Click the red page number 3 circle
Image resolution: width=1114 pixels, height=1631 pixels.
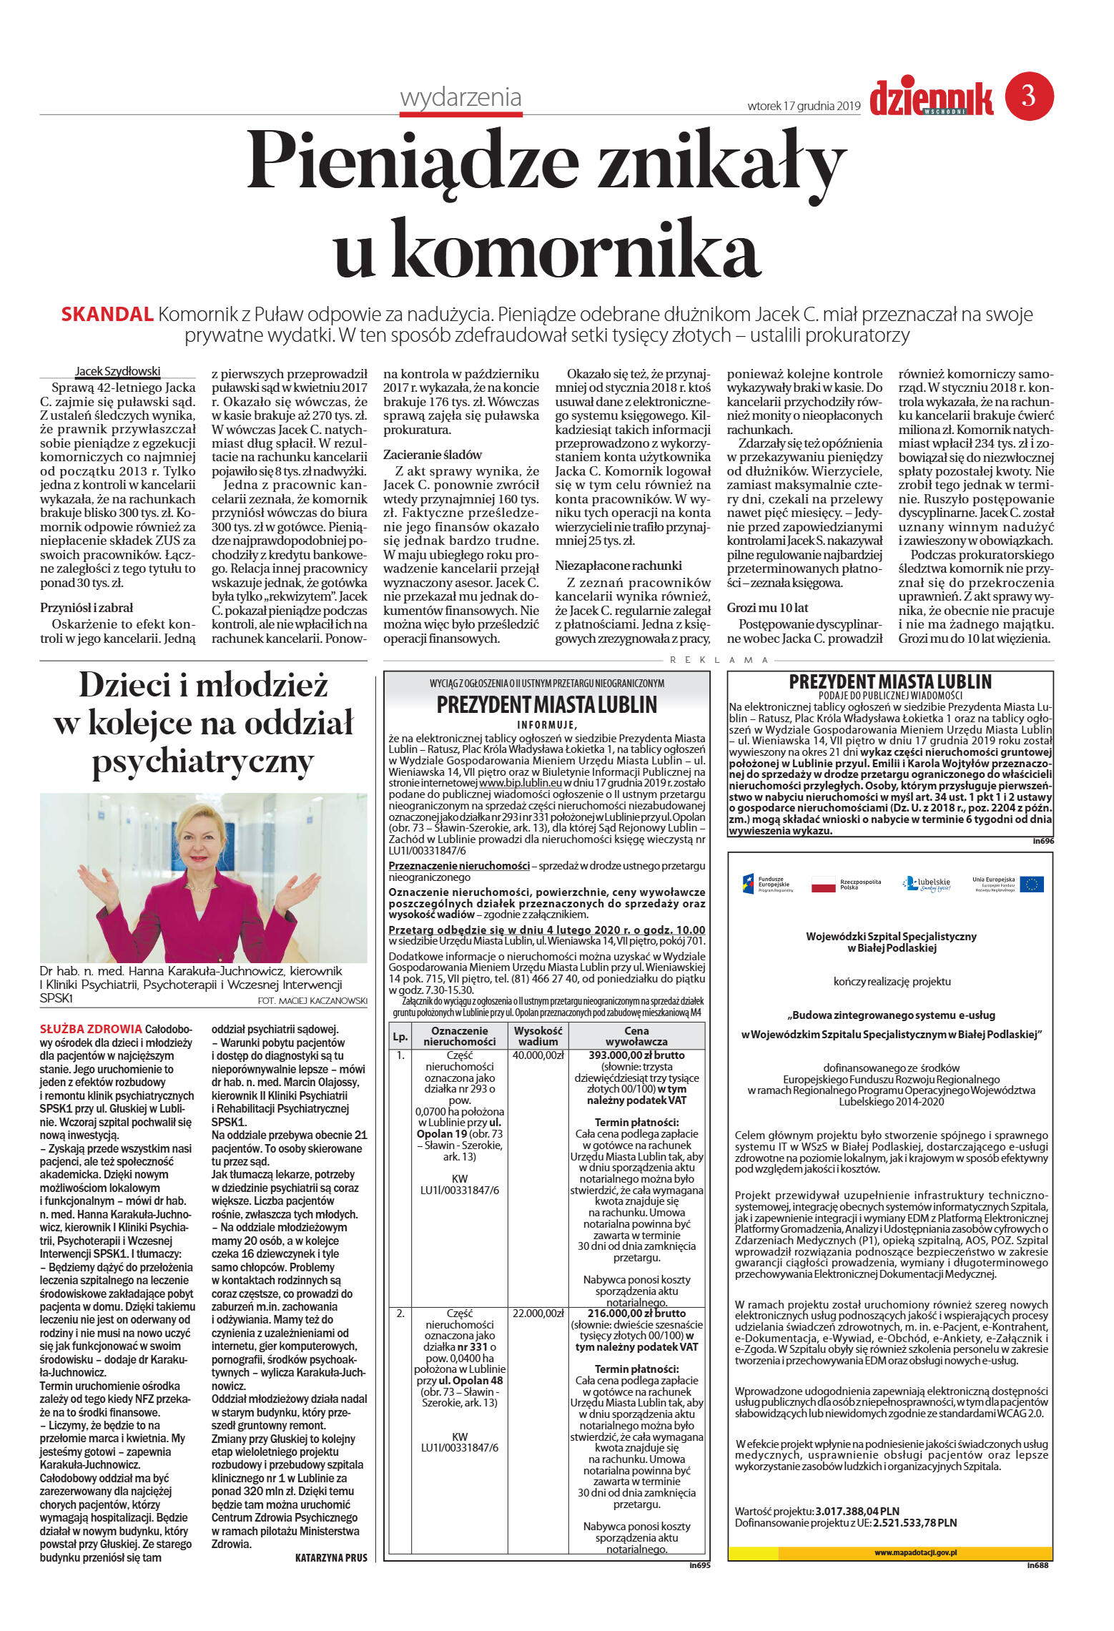click(1029, 96)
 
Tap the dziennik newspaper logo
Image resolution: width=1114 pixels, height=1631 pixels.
click(931, 98)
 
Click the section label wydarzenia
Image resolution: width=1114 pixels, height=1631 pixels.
click(460, 97)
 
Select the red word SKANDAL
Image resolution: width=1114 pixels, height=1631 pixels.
click(107, 314)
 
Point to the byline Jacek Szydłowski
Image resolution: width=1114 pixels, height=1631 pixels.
click(118, 371)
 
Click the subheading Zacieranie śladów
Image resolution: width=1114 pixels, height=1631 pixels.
click(433, 454)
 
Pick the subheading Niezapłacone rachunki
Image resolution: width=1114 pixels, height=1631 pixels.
click(618, 565)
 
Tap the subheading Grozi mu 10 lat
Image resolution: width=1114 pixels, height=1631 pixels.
click(767, 607)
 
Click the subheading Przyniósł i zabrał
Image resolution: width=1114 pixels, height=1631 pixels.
click(87, 607)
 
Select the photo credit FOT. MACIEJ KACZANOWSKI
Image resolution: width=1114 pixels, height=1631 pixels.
click(312, 1000)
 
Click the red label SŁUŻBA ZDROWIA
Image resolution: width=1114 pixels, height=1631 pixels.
click(91, 1029)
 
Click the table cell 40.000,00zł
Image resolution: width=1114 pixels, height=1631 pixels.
click(538, 1055)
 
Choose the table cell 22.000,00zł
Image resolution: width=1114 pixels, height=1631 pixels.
click(538, 1313)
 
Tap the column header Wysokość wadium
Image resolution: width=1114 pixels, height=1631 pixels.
click(538, 1035)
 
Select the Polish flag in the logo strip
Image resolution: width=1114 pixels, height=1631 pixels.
click(823, 885)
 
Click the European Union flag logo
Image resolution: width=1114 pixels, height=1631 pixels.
click(1031, 884)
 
